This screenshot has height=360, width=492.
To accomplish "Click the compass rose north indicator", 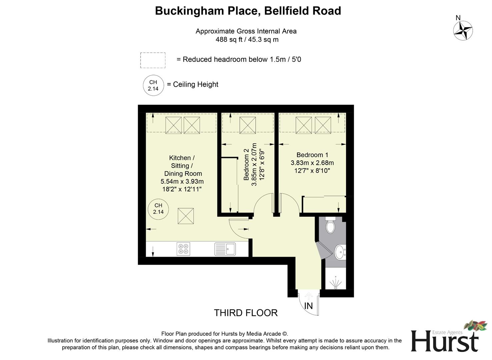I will (x=463, y=30).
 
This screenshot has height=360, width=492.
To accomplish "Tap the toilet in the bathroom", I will (x=330, y=225).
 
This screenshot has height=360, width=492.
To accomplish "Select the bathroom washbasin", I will (x=340, y=252).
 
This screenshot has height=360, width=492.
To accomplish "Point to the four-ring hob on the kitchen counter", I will (x=183, y=249).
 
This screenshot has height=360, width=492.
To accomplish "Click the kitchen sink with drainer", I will (x=225, y=249).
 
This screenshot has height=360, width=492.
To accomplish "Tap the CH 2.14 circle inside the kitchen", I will (x=158, y=209).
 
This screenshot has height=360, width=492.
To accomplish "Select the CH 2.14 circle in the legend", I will (x=153, y=85).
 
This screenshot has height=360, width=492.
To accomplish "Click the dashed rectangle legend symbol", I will (x=153, y=60).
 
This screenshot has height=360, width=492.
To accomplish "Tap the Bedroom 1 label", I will (x=312, y=155).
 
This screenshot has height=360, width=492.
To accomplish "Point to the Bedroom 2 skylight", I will (x=248, y=125).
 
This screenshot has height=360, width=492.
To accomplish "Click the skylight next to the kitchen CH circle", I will (x=186, y=216).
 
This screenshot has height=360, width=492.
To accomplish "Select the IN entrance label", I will (x=309, y=306).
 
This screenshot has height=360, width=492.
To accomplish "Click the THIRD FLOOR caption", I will (x=246, y=313).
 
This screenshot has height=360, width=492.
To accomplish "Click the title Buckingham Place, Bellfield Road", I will (x=248, y=11).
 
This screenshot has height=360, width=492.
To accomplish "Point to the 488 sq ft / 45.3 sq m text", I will (x=247, y=40).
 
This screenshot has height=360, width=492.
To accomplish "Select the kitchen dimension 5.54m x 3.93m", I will (x=182, y=182).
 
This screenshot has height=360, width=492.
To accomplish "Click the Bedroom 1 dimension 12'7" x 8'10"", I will (x=312, y=171).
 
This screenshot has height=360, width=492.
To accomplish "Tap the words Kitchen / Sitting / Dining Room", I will (x=182, y=166).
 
